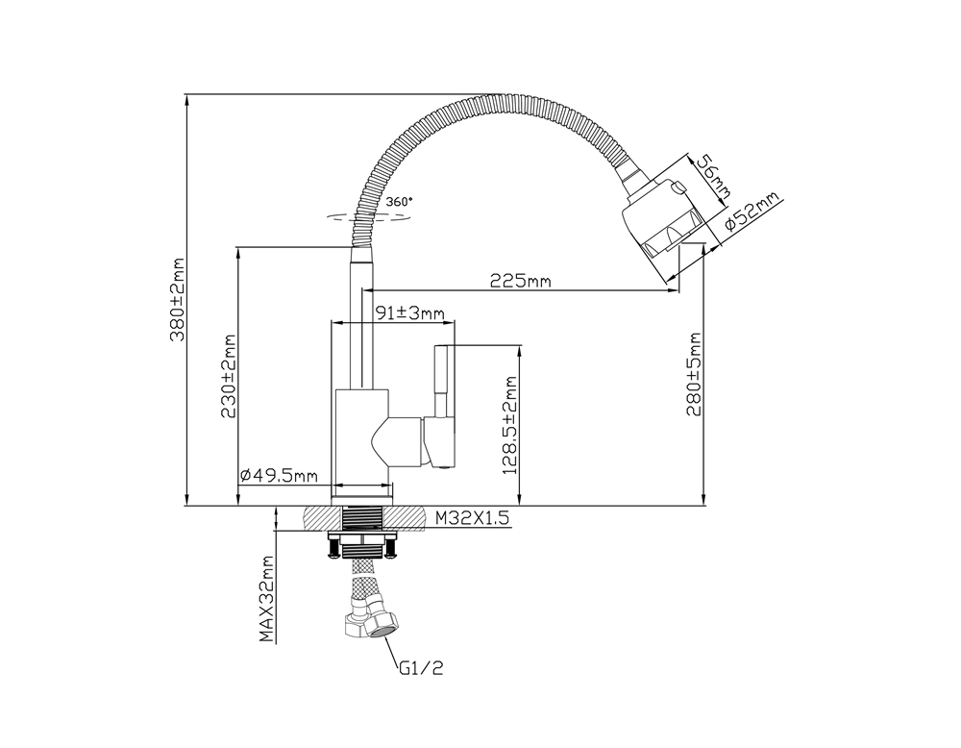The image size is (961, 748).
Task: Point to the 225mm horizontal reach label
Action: (x=520, y=281)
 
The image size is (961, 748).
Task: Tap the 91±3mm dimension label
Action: (x=408, y=312)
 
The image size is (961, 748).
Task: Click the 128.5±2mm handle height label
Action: (x=509, y=424)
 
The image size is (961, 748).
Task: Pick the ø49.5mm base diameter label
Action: (x=279, y=476)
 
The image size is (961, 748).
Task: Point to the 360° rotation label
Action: (x=399, y=202)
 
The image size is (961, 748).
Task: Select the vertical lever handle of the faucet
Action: (x=443, y=385)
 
